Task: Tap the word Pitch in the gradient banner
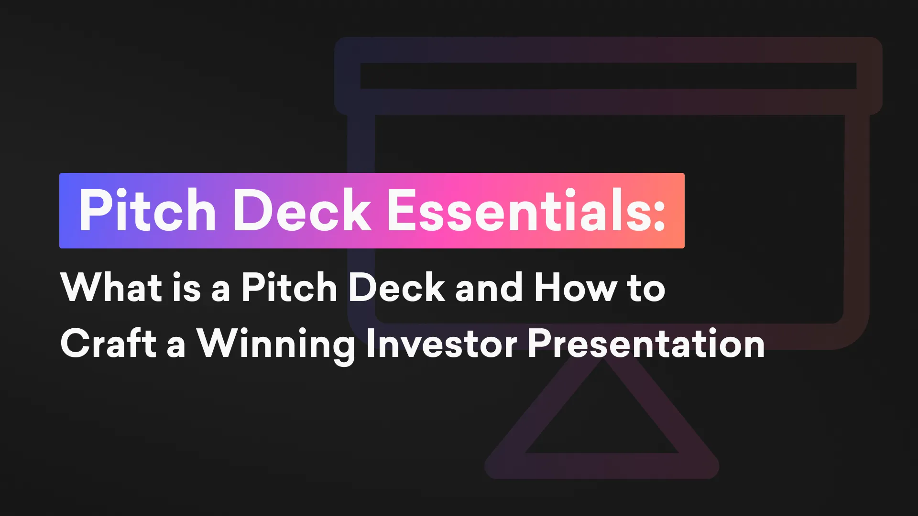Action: [x=147, y=210]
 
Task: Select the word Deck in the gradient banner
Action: [x=302, y=210]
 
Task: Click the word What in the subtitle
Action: [x=111, y=287]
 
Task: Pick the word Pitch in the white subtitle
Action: [x=289, y=287]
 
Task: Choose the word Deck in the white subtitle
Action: [x=397, y=287]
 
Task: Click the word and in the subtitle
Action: [x=489, y=287]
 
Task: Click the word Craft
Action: [x=109, y=343]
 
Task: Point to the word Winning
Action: [x=276, y=345]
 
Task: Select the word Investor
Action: [x=441, y=343]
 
